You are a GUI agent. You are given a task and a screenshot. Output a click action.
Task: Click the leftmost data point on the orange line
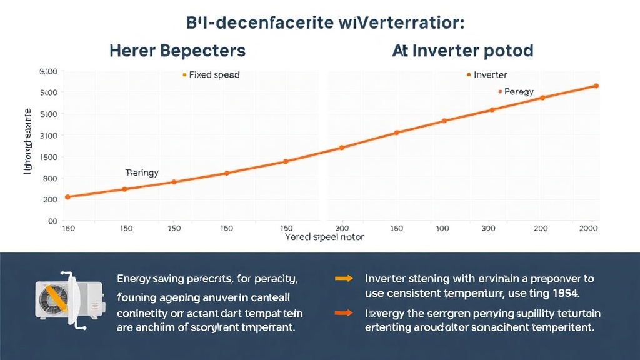[x=67, y=197]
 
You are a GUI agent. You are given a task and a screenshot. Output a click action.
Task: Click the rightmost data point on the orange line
[x=596, y=86]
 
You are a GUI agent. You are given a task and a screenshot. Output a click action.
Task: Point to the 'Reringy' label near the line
[x=142, y=172]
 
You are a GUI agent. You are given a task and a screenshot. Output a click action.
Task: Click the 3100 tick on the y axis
[x=49, y=135]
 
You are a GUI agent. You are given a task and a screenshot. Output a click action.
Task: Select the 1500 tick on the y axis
[x=49, y=156]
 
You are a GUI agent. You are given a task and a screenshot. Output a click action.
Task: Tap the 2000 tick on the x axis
[x=589, y=229]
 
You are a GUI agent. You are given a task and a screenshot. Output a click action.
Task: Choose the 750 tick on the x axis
[x=174, y=229]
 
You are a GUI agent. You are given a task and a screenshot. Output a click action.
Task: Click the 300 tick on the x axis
[x=488, y=229]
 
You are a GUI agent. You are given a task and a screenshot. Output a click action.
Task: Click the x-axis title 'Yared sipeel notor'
[x=324, y=237]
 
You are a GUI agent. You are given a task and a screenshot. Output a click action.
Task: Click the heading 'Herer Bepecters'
[x=177, y=51]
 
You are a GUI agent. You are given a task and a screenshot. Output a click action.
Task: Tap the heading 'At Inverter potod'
[x=463, y=51]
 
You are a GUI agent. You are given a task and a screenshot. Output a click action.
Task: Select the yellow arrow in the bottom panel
[x=344, y=279]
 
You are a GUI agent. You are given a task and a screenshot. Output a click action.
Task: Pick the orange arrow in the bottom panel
[x=344, y=313]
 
